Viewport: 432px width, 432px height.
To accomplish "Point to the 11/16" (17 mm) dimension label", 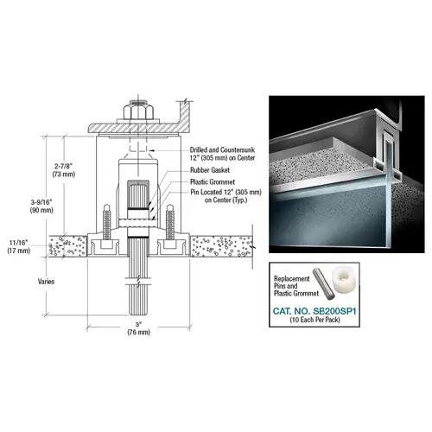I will coord(18,246).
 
